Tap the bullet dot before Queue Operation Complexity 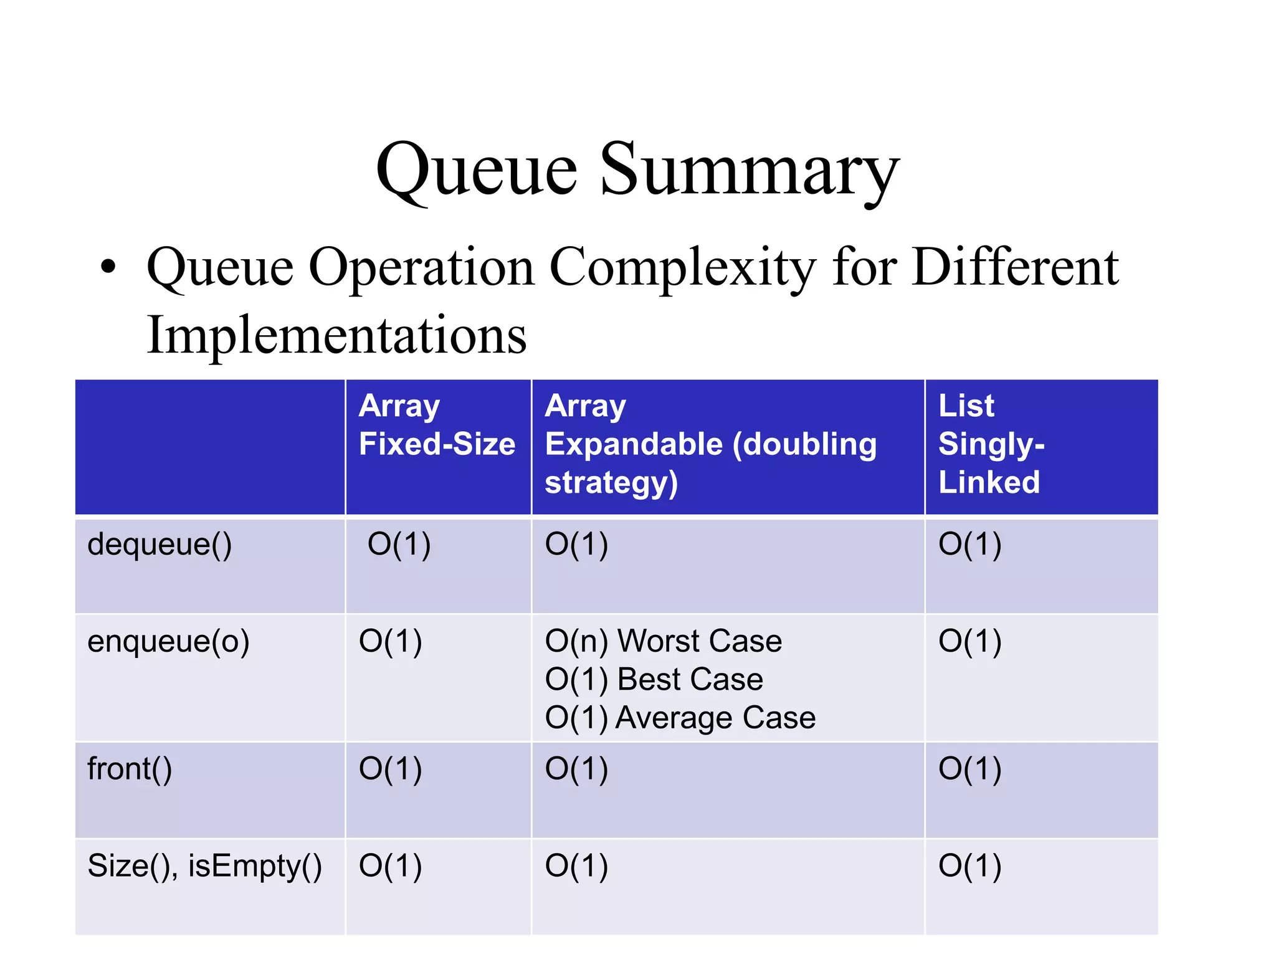click(108, 267)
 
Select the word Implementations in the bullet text click(336, 335)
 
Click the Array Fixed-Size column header click(437, 425)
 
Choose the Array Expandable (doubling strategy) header click(710, 444)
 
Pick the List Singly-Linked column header click(991, 444)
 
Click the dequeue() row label click(159, 545)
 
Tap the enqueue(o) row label click(168, 642)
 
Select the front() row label click(130, 769)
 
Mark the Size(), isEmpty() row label click(204, 866)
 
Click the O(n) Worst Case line click(663, 641)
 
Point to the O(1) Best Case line click(654, 679)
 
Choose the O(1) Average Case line click(680, 718)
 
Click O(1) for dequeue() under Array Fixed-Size click(399, 545)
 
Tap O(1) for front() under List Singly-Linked click(969, 769)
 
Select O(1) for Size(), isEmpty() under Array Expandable click(576, 866)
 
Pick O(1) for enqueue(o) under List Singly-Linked click(969, 642)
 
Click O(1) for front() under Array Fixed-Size click(390, 769)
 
